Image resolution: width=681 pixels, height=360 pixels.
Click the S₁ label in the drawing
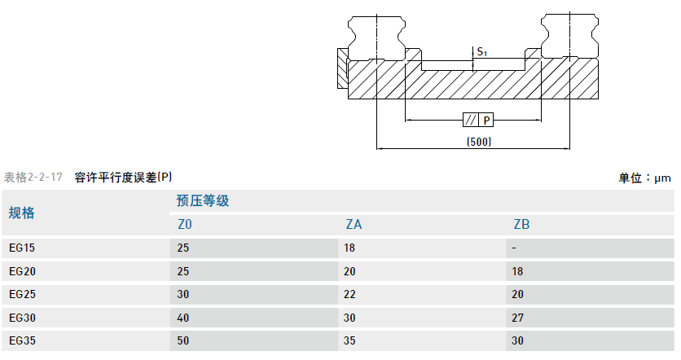(x=482, y=52)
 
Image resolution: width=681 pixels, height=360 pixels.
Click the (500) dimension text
(x=479, y=142)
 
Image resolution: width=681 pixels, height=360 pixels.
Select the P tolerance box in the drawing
(x=486, y=121)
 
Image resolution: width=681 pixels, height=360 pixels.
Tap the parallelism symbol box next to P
(x=470, y=121)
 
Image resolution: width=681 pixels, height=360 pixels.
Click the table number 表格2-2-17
(x=33, y=177)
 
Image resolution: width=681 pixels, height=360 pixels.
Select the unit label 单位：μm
(x=644, y=178)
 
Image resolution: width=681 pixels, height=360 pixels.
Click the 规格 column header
(x=22, y=213)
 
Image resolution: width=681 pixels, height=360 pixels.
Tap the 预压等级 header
(x=203, y=201)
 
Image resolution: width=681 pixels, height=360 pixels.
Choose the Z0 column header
(x=185, y=225)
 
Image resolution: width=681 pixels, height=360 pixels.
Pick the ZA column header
(x=354, y=225)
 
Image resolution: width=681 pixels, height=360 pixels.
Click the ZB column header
(x=521, y=225)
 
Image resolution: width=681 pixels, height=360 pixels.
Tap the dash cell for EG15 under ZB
(x=515, y=248)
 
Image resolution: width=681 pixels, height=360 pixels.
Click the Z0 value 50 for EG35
(x=184, y=340)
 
